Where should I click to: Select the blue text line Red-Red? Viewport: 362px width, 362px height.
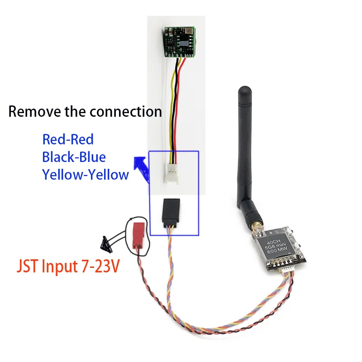67,139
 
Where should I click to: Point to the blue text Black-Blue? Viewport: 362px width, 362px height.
74,157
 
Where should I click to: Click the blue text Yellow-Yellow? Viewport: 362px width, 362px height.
85,174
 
